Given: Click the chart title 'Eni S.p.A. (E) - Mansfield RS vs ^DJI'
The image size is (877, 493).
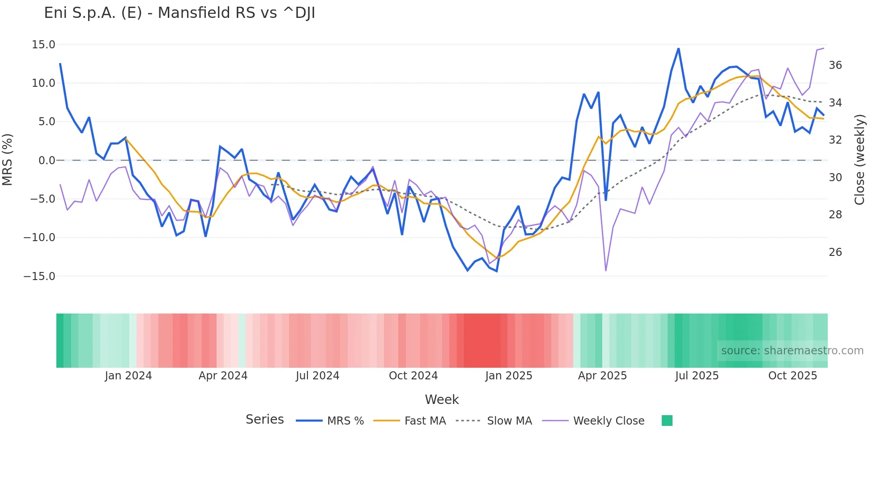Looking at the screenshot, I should [x=179, y=13].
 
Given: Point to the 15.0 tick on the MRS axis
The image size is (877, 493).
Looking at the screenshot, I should [x=43, y=45].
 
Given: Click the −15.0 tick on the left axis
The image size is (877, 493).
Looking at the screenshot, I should [x=39, y=276].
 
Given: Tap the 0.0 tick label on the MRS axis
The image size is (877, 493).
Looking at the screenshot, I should [x=47, y=160].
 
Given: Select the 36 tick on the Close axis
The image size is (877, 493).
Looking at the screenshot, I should [x=835, y=65].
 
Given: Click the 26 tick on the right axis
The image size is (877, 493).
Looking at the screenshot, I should [x=835, y=252].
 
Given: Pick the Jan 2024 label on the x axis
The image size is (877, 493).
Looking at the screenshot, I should [x=128, y=376].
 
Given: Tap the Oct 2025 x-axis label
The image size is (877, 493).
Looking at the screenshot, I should [x=792, y=376].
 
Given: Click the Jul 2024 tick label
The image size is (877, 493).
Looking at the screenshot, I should [x=318, y=376].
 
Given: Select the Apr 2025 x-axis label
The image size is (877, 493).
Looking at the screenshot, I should [x=602, y=376].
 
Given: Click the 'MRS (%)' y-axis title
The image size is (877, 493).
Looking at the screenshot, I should [x=8, y=160].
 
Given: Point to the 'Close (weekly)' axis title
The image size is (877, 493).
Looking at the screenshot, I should [x=860, y=160].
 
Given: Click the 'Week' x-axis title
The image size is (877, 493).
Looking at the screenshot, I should [x=442, y=399].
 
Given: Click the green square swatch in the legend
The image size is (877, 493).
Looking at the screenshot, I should [x=667, y=421].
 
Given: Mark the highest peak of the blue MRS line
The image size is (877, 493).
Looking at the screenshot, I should [x=678, y=49].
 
